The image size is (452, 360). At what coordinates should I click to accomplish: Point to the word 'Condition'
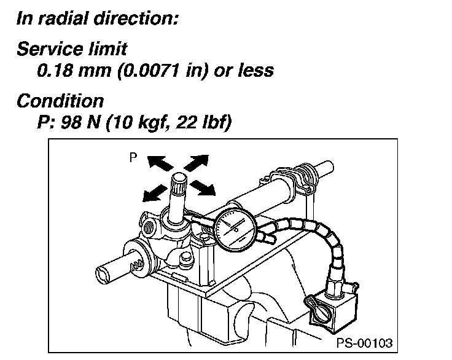pos(60,101)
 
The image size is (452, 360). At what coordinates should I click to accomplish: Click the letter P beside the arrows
pos(133,158)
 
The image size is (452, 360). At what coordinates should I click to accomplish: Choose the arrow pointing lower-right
pos(203,187)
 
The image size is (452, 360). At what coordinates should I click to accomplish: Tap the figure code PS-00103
pos(364,342)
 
